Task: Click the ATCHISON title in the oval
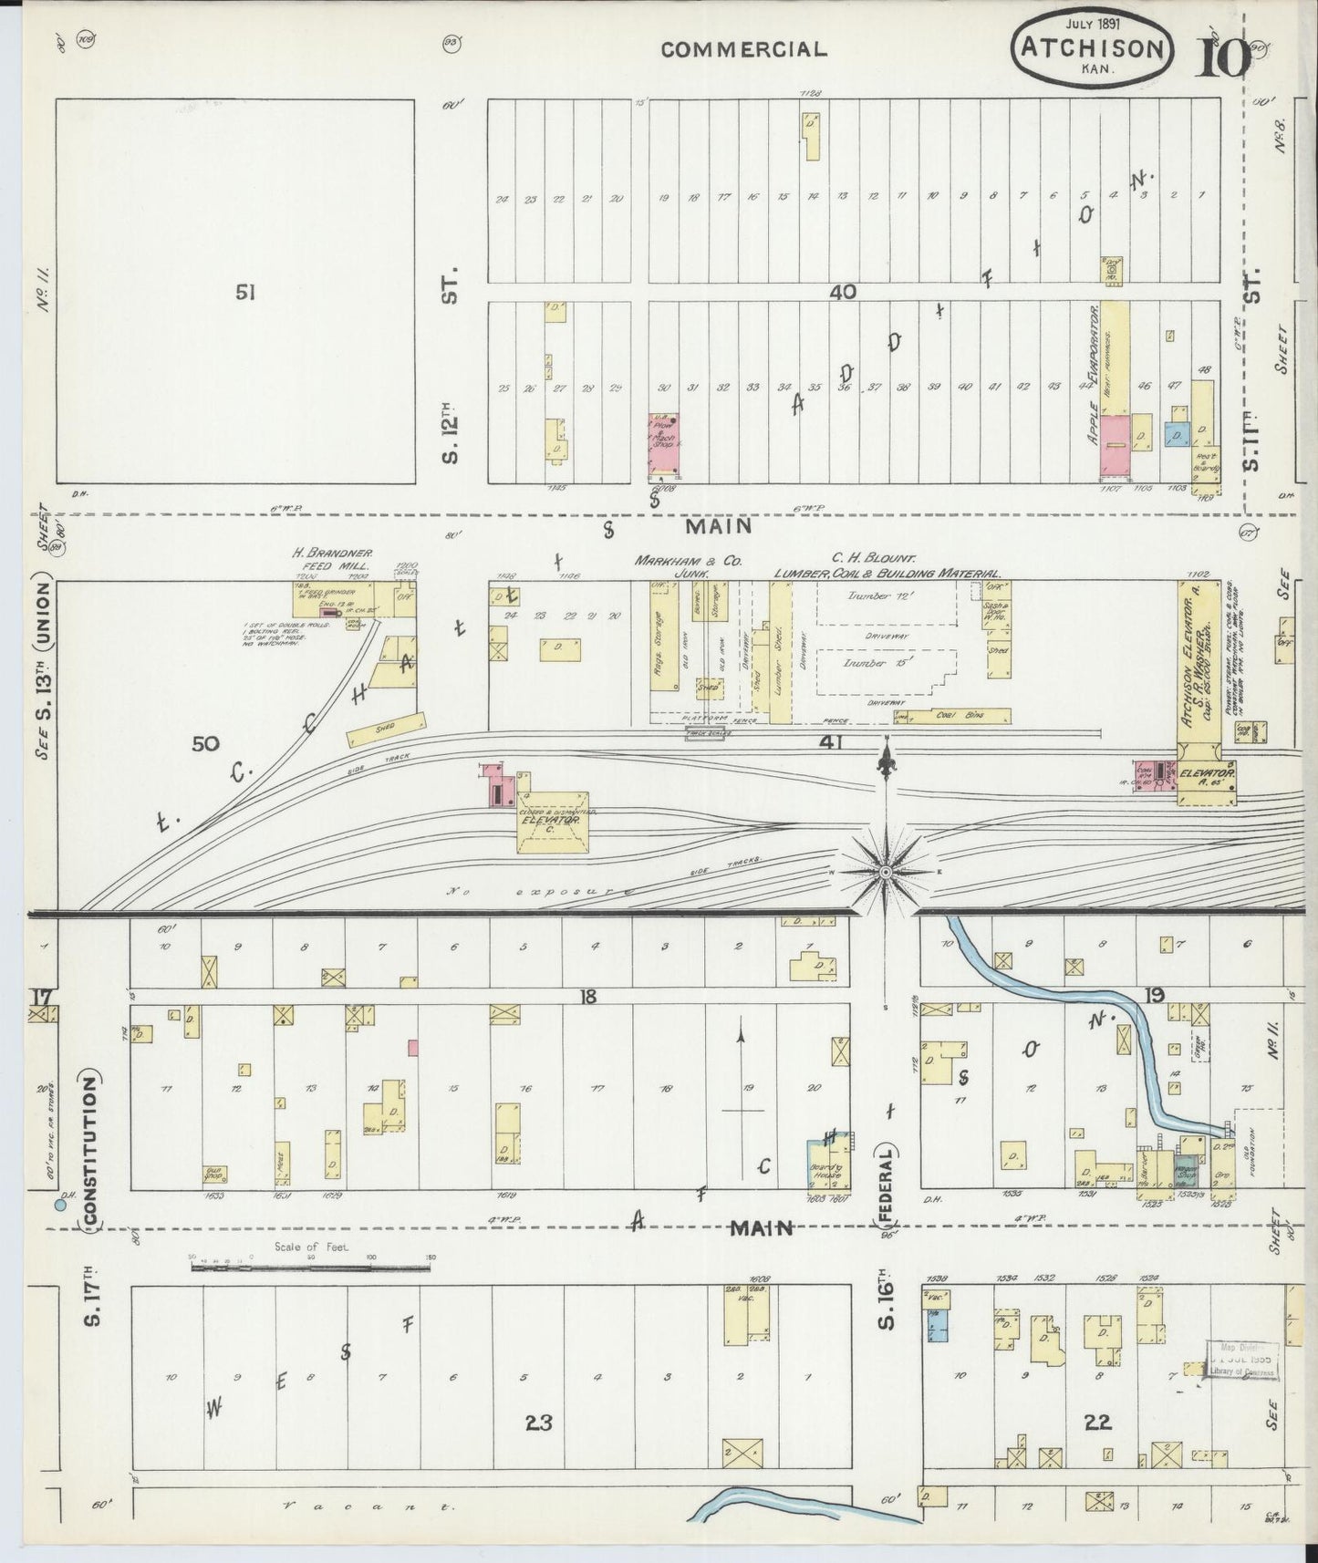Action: click(1091, 47)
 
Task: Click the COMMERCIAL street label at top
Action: click(743, 50)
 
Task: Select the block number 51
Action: click(244, 293)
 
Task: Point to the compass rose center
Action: click(884, 873)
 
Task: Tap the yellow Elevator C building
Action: click(553, 823)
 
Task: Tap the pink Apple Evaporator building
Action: click(1114, 446)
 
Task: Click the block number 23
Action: click(539, 1421)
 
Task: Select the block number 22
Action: click(1097, 1421)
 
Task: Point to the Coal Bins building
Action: click(957, 717)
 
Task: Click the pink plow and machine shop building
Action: click(666, 444)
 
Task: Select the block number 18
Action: click(587, 997)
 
